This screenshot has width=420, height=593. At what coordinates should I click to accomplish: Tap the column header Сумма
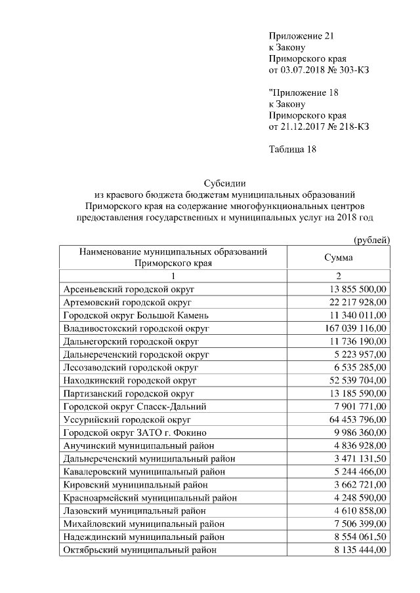coord(339,258)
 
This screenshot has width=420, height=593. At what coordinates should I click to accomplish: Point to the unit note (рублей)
coord(371,240)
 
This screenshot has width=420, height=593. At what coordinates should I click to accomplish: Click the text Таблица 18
coord(293,149)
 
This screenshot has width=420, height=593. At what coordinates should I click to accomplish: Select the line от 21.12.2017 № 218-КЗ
coord(319,126)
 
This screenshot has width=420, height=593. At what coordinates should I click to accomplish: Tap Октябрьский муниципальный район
coord(140,550)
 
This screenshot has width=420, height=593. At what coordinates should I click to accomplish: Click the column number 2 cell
coord(339,275)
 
